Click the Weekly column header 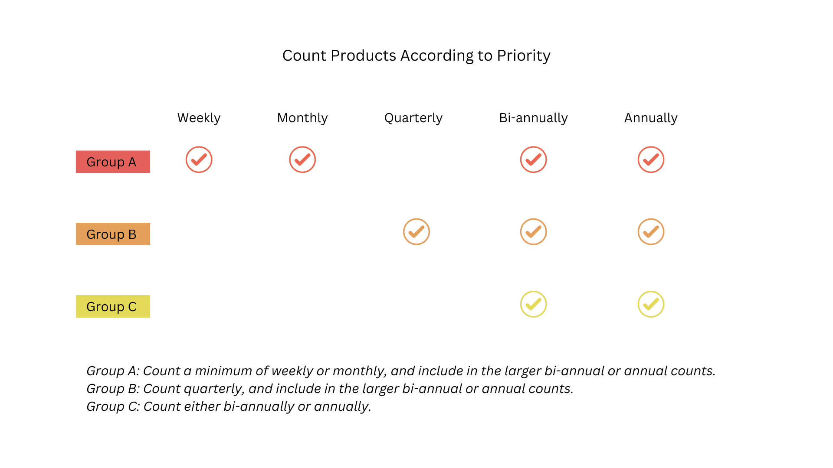(199, 118)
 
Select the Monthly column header (302, 118)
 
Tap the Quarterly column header (413, 118)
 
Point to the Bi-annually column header (533, 118)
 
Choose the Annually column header (651, 118)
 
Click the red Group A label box (113, 162)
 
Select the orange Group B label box (113, 234)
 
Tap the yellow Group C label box (113, 306)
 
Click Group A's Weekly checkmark (199, 159)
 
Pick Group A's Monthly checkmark (302, 159)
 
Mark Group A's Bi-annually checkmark (533, 159)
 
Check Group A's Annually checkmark (651, 159)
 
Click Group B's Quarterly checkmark (416, 232)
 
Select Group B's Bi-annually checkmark (533, 232)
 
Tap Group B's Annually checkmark (651, 232)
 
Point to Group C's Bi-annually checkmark (533, 304)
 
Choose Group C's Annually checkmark (651, 304)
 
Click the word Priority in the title (523, 56)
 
